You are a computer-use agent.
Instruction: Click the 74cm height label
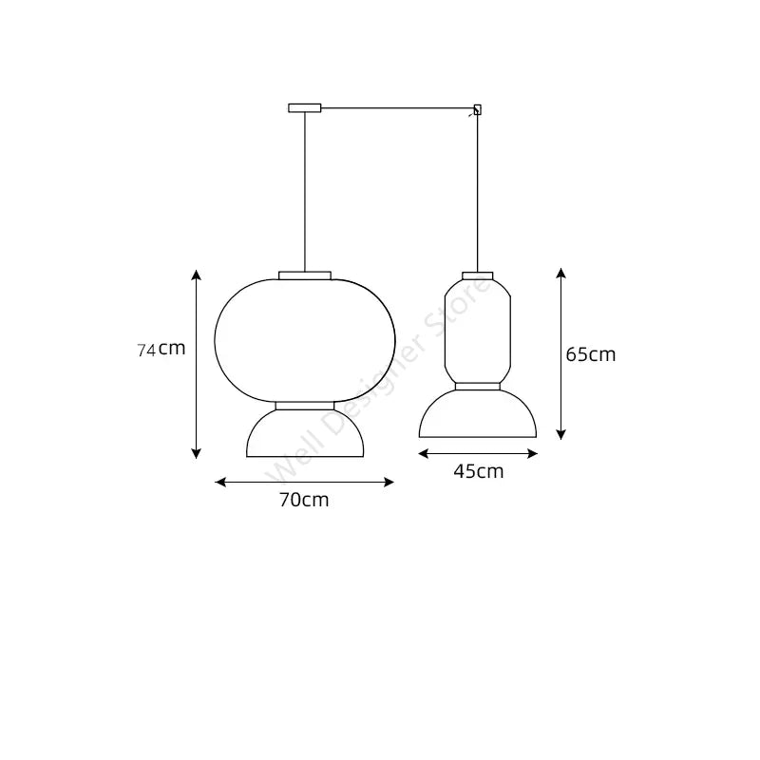coord(161,349)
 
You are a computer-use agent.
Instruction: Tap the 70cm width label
coord(304,500)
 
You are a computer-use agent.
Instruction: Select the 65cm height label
coord(590,354)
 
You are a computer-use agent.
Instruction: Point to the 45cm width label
coord(479,470)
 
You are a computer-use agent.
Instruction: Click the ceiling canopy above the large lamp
coord(305,108)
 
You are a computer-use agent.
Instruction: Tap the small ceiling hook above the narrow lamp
coord(477,109)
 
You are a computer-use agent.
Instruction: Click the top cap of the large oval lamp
coord(305,275)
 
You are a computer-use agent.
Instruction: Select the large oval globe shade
coord(305,337)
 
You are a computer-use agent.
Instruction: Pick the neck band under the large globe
coord(305,406)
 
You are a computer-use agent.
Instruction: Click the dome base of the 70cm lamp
coord(305,437)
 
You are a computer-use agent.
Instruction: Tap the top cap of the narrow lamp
coord(478,276)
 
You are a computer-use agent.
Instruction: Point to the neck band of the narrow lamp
coord(478,386)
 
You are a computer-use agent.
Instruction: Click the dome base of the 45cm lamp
coord(478,416)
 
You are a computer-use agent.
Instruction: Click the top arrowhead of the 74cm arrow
coord(197,275)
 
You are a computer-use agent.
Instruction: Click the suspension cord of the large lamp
coord(305,190)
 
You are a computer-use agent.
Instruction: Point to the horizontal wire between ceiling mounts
coord(399,107)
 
